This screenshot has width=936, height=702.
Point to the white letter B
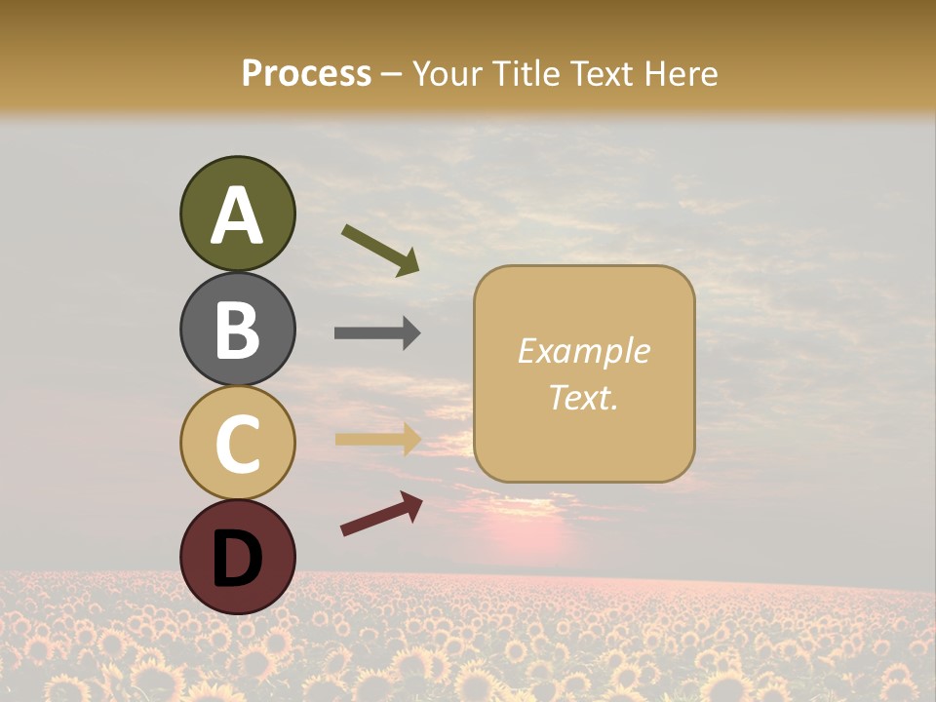click(x=238, y=330)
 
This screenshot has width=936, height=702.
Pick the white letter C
click(x=238, y=443)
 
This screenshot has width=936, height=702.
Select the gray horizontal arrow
click(x=377, y=333)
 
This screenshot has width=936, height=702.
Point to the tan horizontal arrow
click(x=378, y=439)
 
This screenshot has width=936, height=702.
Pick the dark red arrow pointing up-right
click(x=381, y=514)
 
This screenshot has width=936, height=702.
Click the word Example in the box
click(x=584, y=351)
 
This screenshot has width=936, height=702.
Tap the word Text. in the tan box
click(x=584, y=397)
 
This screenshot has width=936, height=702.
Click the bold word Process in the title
click(x=306, y=73)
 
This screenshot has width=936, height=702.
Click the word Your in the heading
click(x=449, y=73)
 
